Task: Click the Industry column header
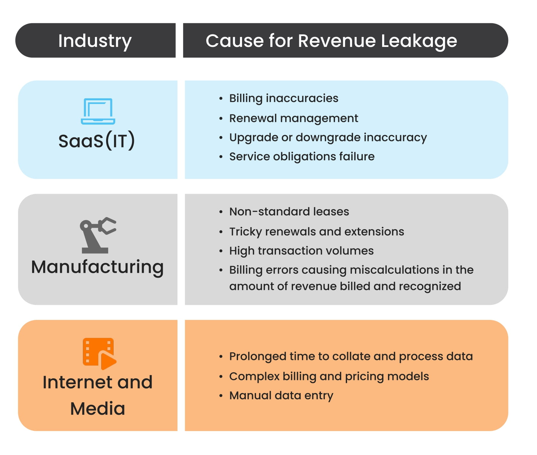95,41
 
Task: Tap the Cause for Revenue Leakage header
331,41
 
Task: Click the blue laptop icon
98,111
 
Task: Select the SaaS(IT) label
97,141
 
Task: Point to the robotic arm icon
98,235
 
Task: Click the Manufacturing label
97,267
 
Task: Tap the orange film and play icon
99,353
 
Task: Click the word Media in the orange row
98,408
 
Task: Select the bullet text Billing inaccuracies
284,98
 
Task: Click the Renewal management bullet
293,118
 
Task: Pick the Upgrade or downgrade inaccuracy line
328,137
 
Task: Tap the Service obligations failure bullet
302,156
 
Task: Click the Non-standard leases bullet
289,211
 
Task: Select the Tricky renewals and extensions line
316,231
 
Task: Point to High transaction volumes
301,251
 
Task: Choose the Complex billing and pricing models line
329,376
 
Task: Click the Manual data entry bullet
281,395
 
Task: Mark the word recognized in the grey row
430,286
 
